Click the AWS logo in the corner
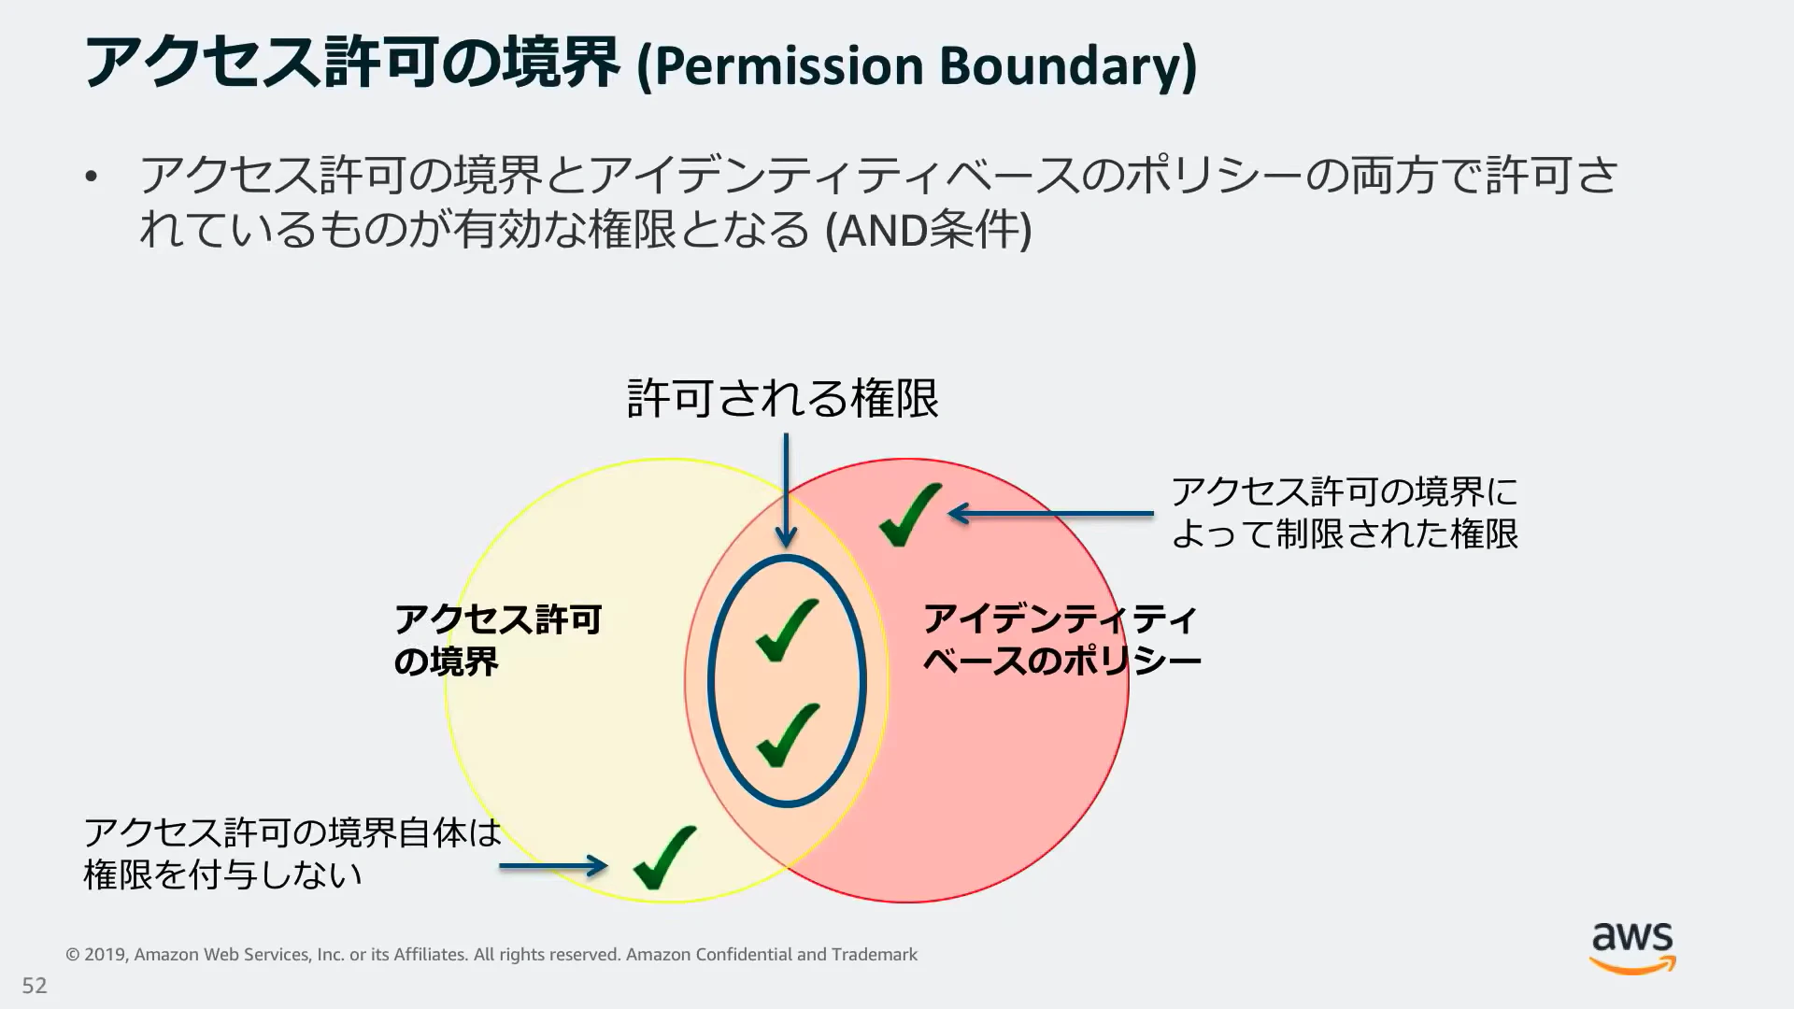(x=1632, y=947)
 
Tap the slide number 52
(x=35, y=986)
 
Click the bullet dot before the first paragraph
(x=91, y=177)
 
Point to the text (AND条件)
(x=929, y=230)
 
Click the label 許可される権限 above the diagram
(x=783, y=399)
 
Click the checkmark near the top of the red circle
(x=909, y=514)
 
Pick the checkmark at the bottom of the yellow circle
(x=664, y=857)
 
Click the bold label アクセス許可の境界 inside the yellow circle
(x=497, y=640)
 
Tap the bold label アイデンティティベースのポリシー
(x=1061, y=640)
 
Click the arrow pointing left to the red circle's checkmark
(x=1050, y=513)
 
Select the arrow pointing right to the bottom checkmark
(x=553, y=866)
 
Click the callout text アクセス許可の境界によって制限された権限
(x=1344, y=513)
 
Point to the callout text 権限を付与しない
(x=222, y=874)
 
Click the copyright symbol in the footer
(x=72, y=955)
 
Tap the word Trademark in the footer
(x=875, y=955)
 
